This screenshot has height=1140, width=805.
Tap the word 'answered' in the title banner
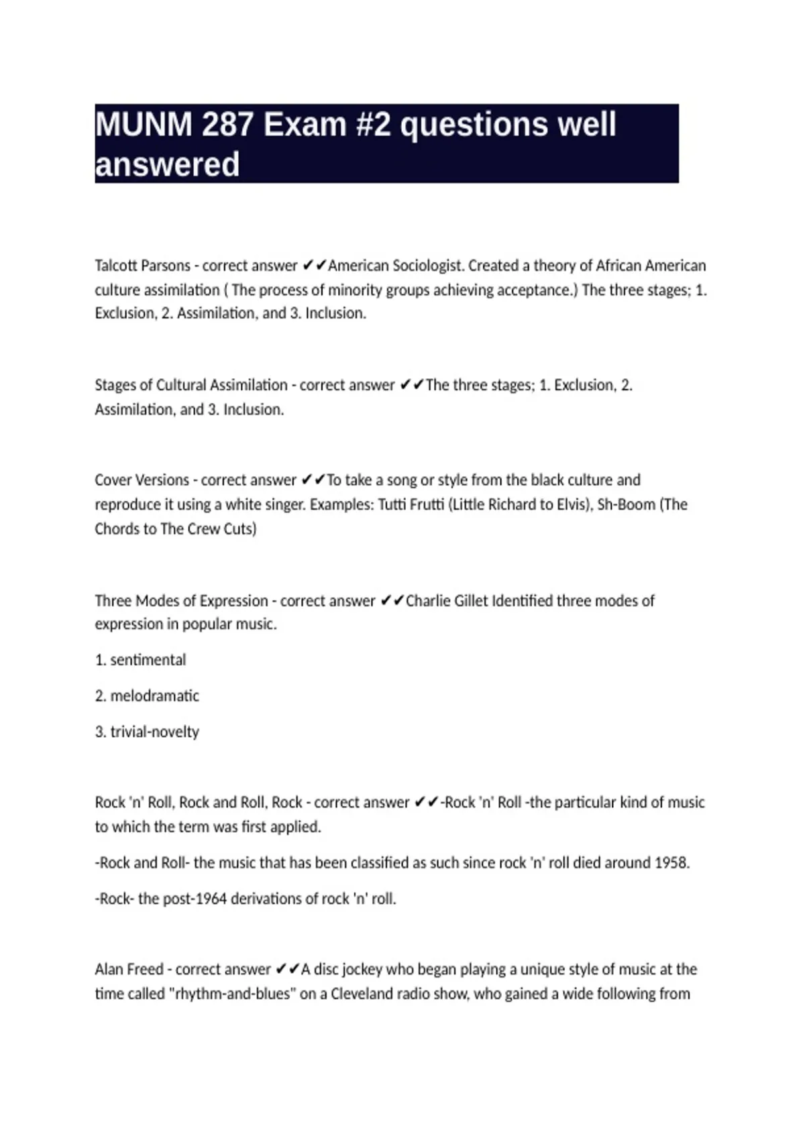pyautogui.click(x=168, y=165)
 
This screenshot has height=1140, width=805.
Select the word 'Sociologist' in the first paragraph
pyautogui.click(x=427, y=266)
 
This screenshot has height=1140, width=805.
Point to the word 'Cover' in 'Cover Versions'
pyautogui.click(x=113, y=480)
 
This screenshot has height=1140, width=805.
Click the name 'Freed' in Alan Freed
pyautogui.click(x=144, y=970)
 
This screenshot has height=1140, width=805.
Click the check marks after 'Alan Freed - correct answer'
pyautogui.click(x=287, y=970)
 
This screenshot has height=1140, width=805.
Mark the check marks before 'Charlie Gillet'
pyautogui.click(x=392, y=601)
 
